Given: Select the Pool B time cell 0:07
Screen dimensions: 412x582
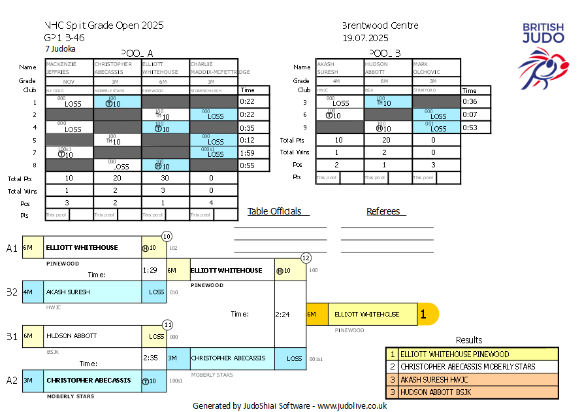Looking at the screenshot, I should point(470,114).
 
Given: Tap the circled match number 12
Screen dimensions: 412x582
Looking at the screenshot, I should point(306,258).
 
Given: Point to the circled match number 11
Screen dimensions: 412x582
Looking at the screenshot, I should point(167,324).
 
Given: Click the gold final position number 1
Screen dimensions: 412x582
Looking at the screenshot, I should point(423,315).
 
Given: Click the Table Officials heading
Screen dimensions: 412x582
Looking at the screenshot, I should point(274,211).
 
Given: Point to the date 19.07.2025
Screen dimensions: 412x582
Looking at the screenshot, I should point(365,38).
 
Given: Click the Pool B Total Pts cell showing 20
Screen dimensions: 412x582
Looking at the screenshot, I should point(387,140).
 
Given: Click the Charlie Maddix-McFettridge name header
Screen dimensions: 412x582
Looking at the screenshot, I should point(214,68).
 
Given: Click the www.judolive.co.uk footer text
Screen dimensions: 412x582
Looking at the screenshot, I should point(352,405).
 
